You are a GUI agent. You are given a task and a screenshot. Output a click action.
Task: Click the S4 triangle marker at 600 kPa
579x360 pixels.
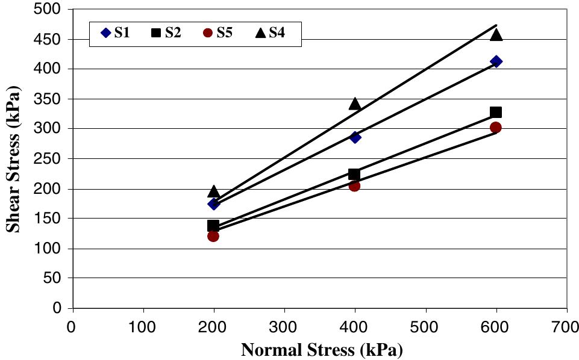tap(496, 34)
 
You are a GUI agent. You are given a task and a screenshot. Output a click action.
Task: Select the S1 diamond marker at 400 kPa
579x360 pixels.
tap(355, 137)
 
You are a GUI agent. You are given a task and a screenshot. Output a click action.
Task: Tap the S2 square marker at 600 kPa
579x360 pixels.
tap(496, 112)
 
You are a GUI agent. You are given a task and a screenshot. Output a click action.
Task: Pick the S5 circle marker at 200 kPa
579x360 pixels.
tap(213, 236)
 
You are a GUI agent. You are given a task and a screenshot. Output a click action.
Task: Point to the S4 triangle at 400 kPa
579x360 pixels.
tap(355, 104)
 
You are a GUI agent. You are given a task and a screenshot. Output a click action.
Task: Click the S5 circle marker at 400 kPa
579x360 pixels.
tap(354, 186)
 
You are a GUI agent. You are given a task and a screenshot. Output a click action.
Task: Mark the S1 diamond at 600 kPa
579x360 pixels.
tap(496, 61)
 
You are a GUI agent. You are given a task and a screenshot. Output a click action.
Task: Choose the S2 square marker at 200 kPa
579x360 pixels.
tap(213, 226)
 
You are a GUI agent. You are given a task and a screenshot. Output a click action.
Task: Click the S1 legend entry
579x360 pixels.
tap(115, 33)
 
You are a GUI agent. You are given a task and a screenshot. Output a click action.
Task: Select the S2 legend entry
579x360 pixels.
tap(166, 33)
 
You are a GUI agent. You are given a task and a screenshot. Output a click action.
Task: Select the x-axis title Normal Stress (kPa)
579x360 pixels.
tap(322, 350)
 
